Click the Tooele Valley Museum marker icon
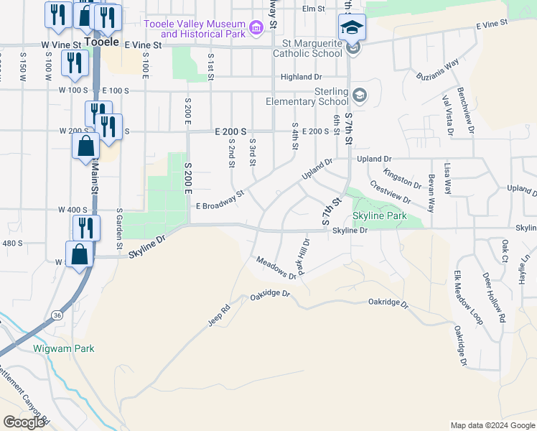pos(256,30)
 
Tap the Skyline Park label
pos(380,215)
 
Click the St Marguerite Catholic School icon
pos(352,48)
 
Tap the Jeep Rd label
pos(219,316)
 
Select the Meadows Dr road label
pos(276,268)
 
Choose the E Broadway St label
pos(221,200)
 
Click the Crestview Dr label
pos(390,191)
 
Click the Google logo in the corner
pos(23,422)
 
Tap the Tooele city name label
pos(101,42)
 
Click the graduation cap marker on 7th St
pos(352,27)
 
